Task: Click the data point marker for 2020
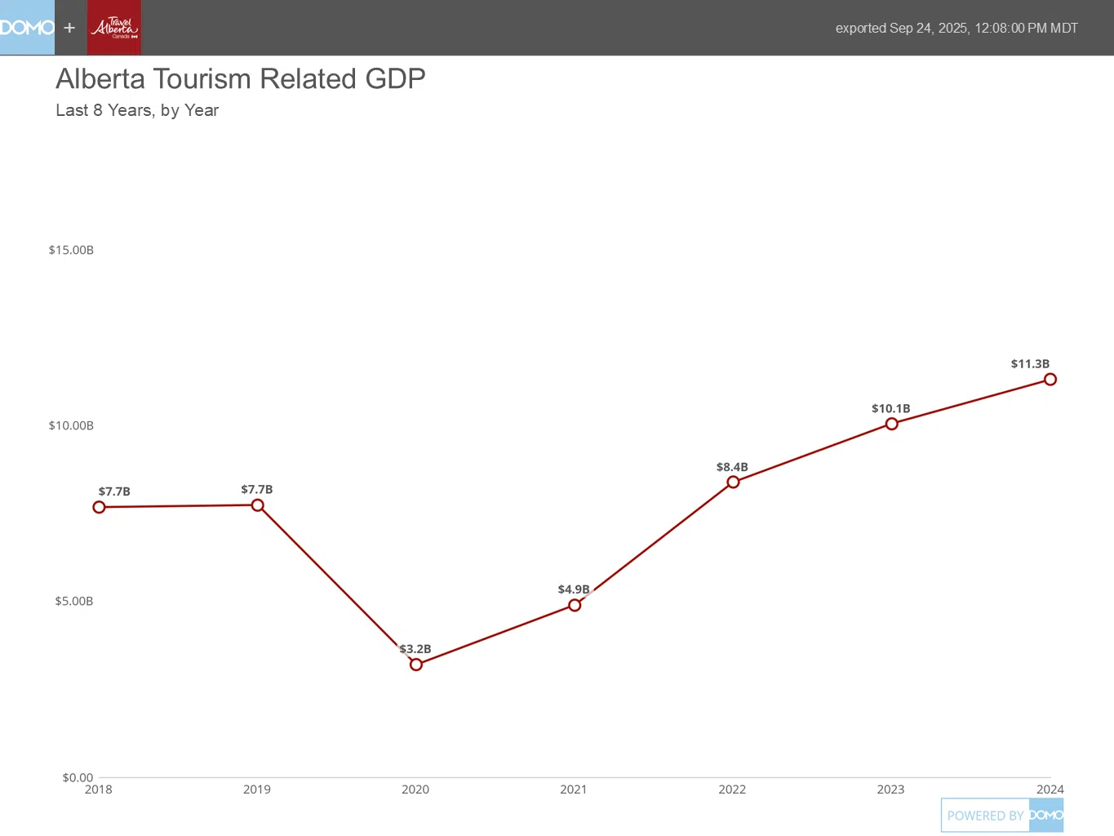pos(416,665)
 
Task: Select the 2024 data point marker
pos(1050,379)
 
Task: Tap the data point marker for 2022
pos(733,482)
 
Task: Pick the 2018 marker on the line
pos(100,507)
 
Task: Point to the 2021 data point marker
pos(575,605)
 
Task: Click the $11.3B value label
pos(1030,364)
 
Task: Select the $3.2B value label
pos(415,649)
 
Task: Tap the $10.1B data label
pos(890,409)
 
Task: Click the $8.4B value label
pos(732,468)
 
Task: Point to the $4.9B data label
pos(574,589)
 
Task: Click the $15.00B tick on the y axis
pos(71,250)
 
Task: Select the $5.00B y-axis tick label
pos(74,602)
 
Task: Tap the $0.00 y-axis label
pos(78,777)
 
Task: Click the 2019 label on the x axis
pos(257,789)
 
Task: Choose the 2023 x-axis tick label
pos(890,789)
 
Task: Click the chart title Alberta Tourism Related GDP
pos(241,79)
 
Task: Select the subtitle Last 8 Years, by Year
pos(137,110)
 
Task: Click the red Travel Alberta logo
pos(114,28)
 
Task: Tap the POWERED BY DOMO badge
pos(1002,816)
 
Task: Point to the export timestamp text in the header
pos(956,29)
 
